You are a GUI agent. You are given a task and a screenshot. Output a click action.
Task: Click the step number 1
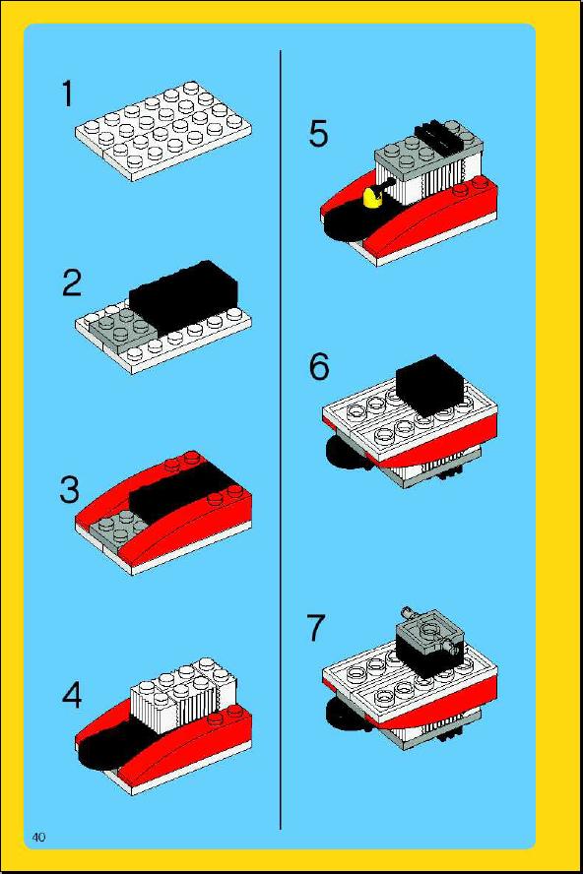coord(67,94)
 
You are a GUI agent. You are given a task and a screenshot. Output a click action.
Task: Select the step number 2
coord(73,282)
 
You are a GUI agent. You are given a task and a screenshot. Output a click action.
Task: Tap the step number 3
coord(70,490)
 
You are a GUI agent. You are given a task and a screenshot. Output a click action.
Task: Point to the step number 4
coord(72,695)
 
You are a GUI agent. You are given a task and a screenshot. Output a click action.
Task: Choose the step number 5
coord(318,134)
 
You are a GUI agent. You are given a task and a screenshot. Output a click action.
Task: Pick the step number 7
coord(316,627)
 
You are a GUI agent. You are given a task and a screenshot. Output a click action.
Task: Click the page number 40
coord(38,837)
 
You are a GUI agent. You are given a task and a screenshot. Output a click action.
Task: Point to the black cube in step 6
coord(429,386)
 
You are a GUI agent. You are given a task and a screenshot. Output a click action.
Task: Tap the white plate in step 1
coord(162,131)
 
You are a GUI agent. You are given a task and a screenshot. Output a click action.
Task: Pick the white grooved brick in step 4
coord(183,695)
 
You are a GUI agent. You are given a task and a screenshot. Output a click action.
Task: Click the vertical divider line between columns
coord(280,439)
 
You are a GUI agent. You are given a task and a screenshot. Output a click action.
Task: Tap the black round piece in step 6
coord(345,453)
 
